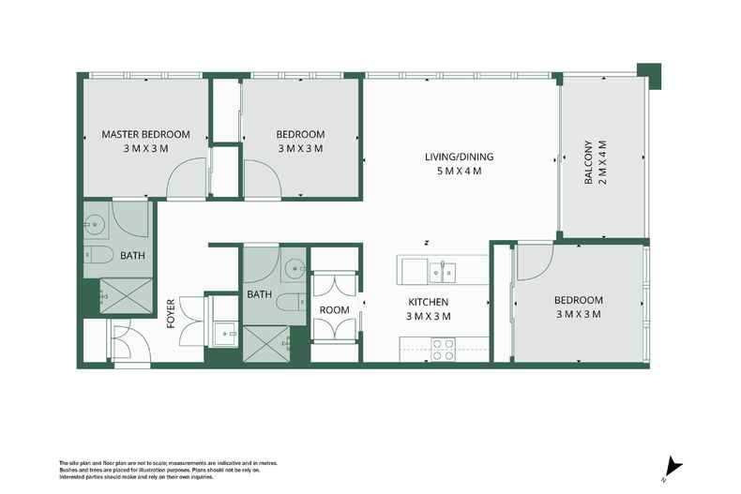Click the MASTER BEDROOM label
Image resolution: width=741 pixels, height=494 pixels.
coord(145,135)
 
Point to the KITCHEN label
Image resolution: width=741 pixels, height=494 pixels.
coord(429,302)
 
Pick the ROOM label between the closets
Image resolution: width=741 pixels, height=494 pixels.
coord(334,310)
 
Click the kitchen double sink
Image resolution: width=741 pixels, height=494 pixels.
coord(442,272)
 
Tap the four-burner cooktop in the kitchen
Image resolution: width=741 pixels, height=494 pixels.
coord(442,349)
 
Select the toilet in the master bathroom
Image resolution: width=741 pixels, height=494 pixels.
coord(99,255)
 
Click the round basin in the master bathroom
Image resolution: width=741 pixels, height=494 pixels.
coord(95,223)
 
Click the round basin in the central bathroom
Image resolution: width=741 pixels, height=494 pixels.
coord(295,268)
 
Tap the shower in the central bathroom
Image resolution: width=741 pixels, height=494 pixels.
coord(266,344)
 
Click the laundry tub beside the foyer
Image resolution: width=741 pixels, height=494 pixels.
coord(225,334)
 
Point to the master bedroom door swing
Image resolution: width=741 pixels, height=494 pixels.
coord(186,179)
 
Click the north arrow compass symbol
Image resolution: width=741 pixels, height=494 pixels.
coord(673,466)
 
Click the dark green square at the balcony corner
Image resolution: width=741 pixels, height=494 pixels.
coord(647,71)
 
